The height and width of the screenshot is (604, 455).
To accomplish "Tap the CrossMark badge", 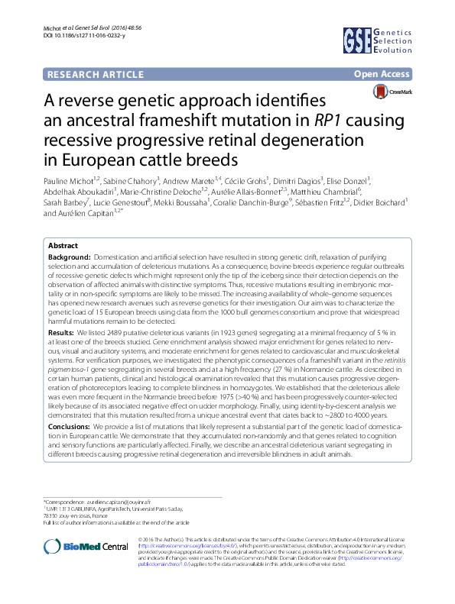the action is click(x=392, y=92).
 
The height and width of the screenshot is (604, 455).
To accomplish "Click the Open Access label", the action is click(x=381, y=74).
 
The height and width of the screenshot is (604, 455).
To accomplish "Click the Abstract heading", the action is click(x=63, y=246).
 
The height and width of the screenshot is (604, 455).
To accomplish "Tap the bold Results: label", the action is click(x=61, y=334).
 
